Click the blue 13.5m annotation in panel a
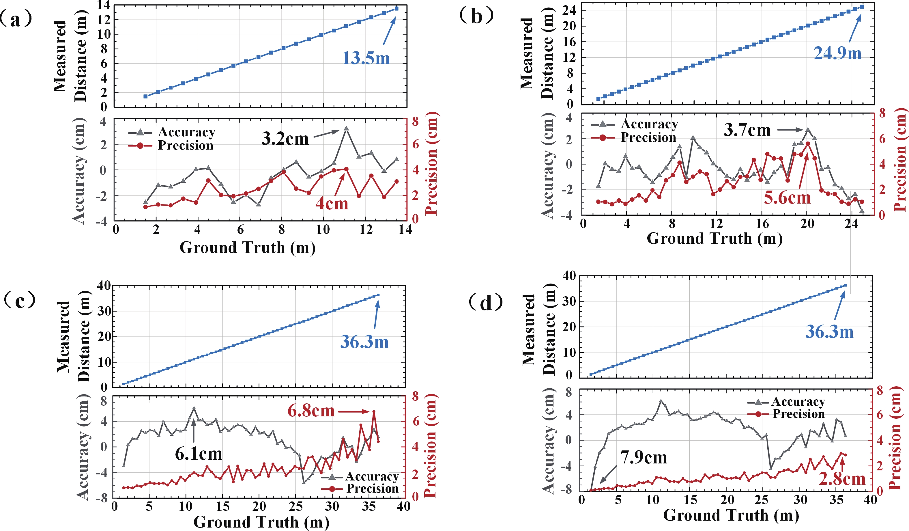tap(366, 58)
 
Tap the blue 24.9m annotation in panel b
tap(837, 53)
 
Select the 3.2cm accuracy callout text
tap(285, 139)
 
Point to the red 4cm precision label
tap(332, 204)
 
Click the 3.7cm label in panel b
tap(747, 130)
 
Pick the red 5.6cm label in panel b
tap(787, 198)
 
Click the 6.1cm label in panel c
tap(199, 454)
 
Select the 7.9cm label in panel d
tap(644, 458)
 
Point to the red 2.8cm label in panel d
tap(842, 479)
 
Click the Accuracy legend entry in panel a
tap(172, 132)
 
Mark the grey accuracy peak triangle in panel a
tap(346, 128)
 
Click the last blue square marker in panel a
tap(396, 8)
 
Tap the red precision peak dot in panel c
tap(374, 411)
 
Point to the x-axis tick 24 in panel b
tap(851, 224)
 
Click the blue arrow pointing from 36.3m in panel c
tap(377, 314)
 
